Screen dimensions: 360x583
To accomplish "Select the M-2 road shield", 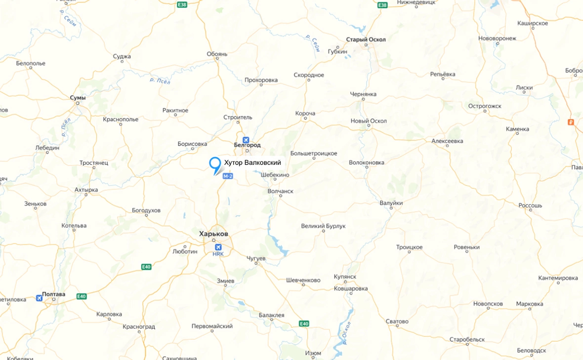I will pos(228,176).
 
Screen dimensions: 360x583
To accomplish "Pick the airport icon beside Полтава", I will pos(39,298).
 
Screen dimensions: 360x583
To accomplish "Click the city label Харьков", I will pos(213,234).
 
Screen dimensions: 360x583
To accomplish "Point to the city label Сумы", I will pos(78,98).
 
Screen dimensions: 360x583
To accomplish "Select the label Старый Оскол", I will pos(366,40).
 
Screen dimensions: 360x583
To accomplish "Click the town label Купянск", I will pos(345,277).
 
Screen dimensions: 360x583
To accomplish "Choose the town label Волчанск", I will pos(280,191).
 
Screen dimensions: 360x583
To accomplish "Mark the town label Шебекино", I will pos(275,175).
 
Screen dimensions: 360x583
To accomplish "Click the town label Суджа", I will pos(122,56).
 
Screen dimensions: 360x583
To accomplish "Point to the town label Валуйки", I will pos(391,203).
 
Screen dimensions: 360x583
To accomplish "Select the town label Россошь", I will pos(530,205).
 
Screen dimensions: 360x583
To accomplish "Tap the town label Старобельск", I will pos(467,340).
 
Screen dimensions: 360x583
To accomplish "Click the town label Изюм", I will pos(313,353).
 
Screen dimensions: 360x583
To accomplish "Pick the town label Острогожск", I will pos(485,106).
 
